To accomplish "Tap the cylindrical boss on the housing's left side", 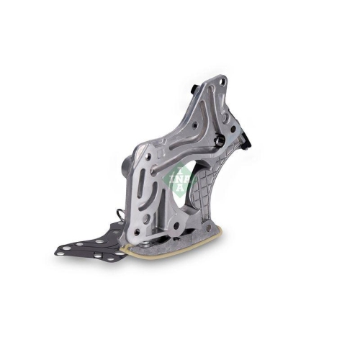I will (x=123, y=167).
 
